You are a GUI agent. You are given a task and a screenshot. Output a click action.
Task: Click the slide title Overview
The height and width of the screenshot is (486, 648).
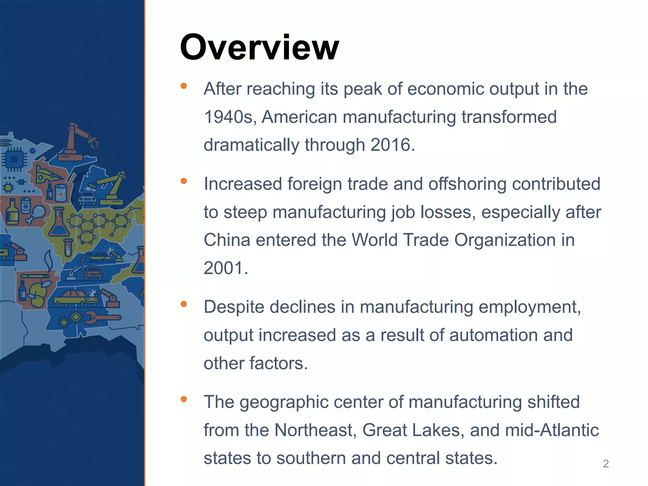click(259, 47)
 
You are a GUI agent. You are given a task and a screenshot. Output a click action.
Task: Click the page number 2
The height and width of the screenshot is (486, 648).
click(606, 464)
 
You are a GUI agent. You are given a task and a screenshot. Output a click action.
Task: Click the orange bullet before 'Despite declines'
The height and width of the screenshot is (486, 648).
click(184, 304)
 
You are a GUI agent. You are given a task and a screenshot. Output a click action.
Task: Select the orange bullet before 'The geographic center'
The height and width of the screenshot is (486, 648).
click(184, 399)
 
